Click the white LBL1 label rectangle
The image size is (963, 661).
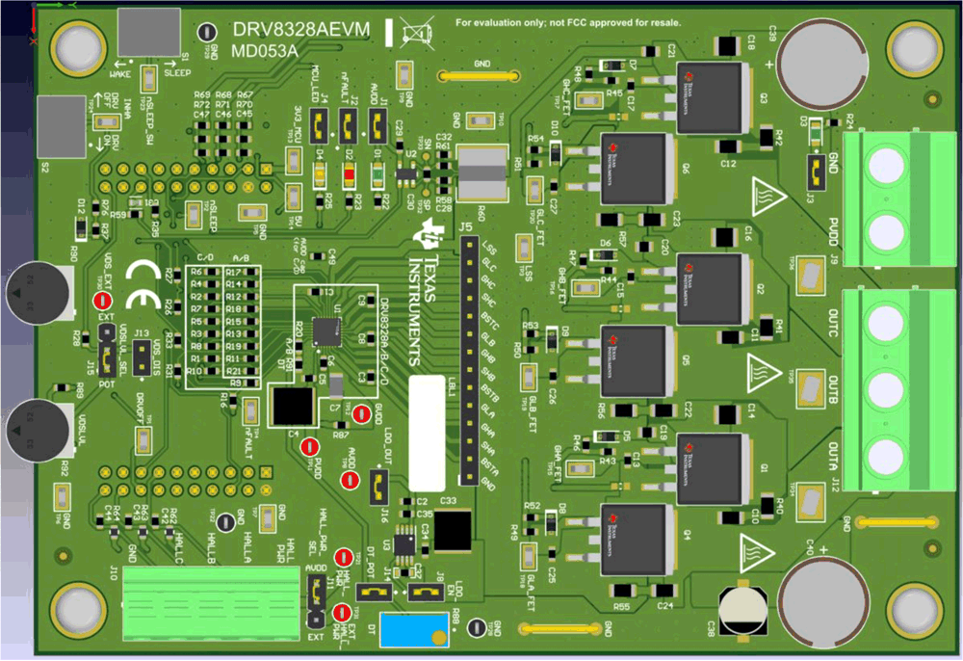427,434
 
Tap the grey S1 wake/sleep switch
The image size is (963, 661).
149,32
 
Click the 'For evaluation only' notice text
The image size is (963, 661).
568,21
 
